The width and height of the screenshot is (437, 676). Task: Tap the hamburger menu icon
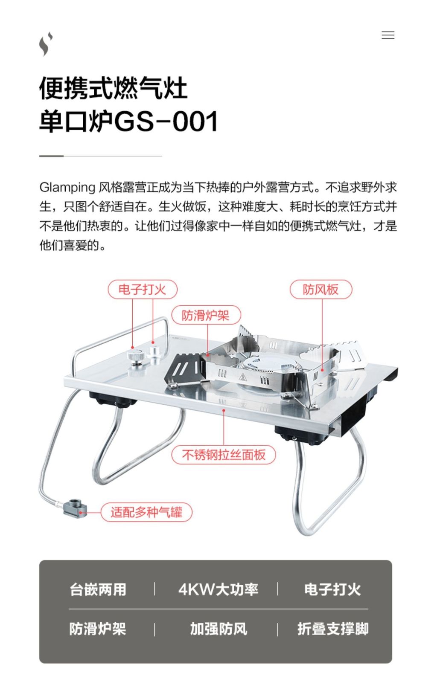pos(388,35)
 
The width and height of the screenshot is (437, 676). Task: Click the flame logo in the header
pos(46,44)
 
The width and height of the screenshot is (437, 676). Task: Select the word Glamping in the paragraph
pos(67,188)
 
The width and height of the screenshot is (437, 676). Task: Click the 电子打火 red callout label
pos(143,290)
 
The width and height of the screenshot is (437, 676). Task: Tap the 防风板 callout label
pos(321,290)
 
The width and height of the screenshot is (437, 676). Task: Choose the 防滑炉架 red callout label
pos(206,315)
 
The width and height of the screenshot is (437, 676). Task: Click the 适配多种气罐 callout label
pos(146,512)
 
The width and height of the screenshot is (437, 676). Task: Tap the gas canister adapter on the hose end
pos(75,508)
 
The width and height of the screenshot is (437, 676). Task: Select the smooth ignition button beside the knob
pos(154,353)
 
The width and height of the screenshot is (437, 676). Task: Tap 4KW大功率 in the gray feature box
pos(218,589)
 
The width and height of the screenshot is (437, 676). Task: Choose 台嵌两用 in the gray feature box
pos(98,589)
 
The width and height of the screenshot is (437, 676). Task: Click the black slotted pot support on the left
pos(183,368)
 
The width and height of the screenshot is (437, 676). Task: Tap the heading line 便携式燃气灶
pos(114,88)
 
